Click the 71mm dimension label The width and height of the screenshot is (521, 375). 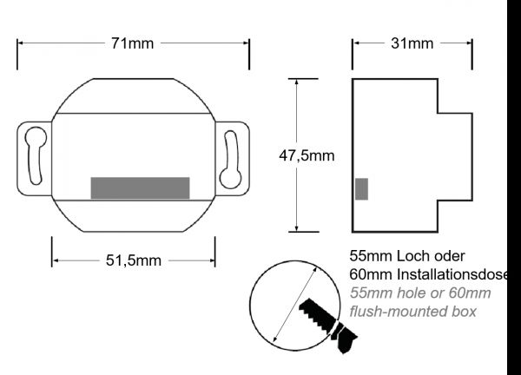(x=133, y=43)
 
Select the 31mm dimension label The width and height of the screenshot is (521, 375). (x=412, y=43)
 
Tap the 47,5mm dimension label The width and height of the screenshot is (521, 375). (x=307, y=155)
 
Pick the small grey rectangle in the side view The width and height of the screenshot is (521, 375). (x=361, y=189)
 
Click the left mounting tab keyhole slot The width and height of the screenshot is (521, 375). (x=36, y=155)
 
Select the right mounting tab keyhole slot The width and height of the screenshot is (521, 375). (x=232, y=157)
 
